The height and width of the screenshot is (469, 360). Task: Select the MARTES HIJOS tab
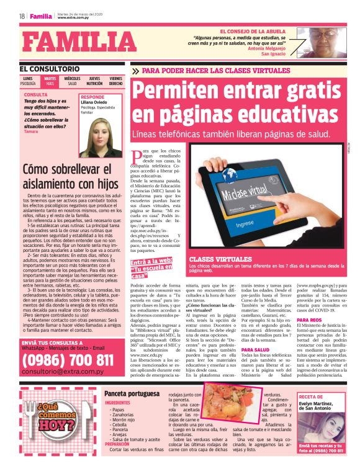[x=50, y=81]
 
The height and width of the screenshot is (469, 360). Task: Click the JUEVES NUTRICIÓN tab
[x=94, y=81]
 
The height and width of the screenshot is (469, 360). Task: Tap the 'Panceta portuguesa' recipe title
[x=129, y=393]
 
